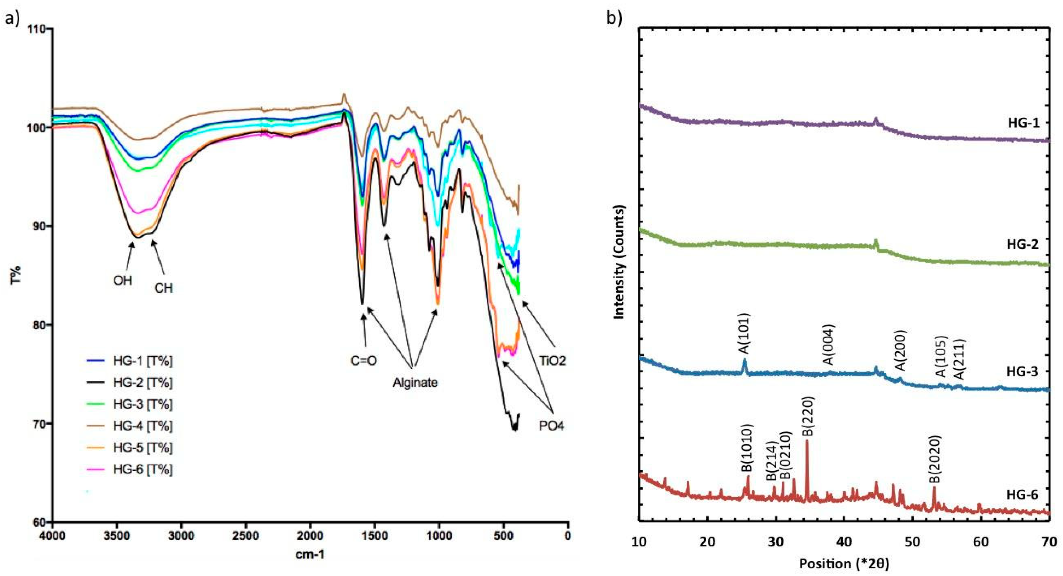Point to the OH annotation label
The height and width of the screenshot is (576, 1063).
[x=123, y=281]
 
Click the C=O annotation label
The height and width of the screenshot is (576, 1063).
[x=363, y=361]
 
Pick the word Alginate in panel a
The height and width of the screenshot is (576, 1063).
[x=415, y=383]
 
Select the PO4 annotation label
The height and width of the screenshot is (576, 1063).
[x=551, y=426]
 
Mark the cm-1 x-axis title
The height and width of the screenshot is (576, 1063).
[x=310, y=555]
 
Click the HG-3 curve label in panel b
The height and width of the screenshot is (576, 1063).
[x=1022, y=371]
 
